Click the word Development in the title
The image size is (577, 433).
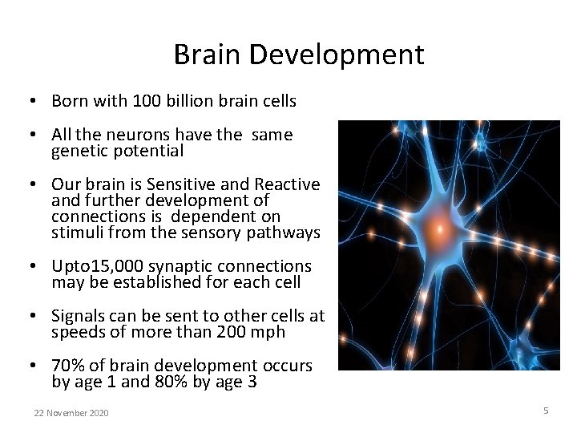(x=337, y=55)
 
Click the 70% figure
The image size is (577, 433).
(x=67, y=366)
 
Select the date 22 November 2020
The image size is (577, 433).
(x=71, y=413)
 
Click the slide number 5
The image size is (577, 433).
(x=546, y=411)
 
